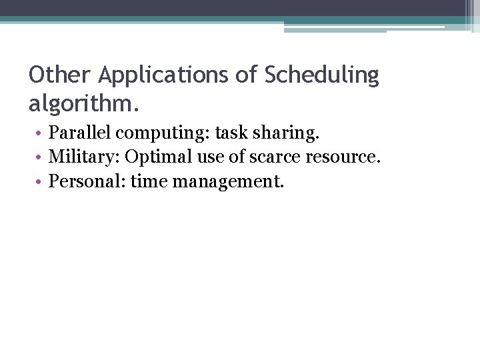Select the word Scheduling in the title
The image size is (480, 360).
coord(321,75)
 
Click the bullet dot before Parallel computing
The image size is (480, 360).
coord(39,133)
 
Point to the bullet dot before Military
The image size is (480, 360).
coord(39,157)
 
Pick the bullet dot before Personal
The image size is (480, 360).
coord(39,181)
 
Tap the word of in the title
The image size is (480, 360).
coord(245,75)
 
